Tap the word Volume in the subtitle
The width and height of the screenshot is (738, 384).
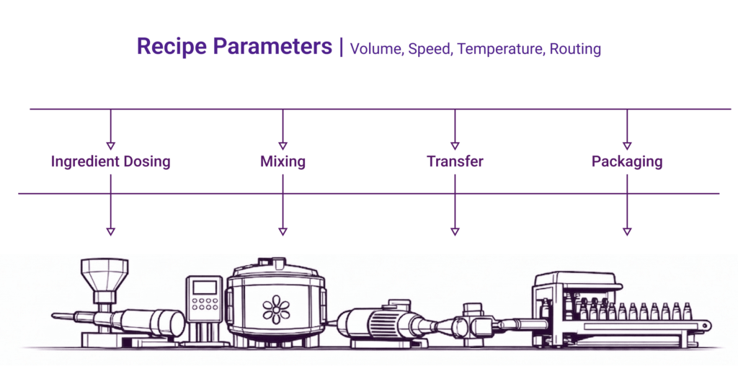click(x=375, y=49)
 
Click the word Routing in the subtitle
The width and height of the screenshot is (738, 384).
click(x=574, y=49)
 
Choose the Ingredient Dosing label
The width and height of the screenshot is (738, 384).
click(x=110, y=161)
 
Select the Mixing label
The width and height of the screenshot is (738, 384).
click(x=283, y=161)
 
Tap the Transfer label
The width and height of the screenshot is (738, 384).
click(x=455, y=161)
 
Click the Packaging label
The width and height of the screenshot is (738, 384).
click(x=627, y=161)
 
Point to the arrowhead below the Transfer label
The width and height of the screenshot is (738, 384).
click(x=455, y=231)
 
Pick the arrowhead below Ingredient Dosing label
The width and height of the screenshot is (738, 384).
click(x=110, y=231)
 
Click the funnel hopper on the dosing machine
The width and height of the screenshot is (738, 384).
click(x=105, y=277)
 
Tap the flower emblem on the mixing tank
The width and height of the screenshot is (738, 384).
click(x=276, y=308)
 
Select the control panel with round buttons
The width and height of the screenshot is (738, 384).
click(x=205, y=302)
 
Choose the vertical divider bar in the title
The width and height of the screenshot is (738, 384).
click(x=340, y=48)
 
